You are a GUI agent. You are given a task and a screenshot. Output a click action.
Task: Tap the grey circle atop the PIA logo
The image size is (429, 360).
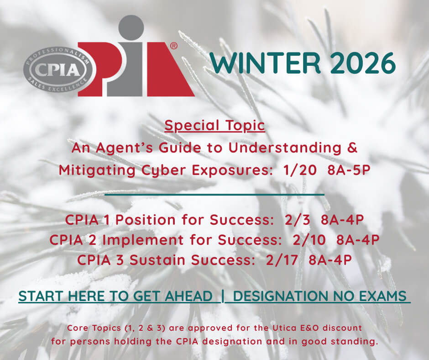coord(131,28)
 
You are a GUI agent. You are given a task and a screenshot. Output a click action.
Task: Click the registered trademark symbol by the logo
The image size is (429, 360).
coord(174,46)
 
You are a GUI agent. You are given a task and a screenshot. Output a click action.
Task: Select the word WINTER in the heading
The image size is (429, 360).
coord(265,63)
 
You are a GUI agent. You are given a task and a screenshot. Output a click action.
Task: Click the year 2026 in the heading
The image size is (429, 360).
coord(363,63)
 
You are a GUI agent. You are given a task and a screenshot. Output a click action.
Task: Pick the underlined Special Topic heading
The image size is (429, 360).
coord(215,126)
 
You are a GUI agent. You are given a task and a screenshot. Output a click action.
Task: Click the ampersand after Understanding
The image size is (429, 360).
coord(353,148)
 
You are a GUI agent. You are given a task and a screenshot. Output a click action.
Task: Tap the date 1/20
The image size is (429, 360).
coord(299,170)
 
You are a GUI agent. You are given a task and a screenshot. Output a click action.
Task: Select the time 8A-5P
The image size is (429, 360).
coord(349,170)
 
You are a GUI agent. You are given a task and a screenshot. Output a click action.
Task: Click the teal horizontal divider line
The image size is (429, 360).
coord(214,195)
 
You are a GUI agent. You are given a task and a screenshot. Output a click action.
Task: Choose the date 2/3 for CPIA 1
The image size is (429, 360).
coord(298,220)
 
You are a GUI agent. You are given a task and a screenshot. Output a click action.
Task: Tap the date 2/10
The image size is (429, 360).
coord(309,240)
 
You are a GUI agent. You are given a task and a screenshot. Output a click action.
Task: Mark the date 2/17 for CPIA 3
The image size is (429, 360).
coord(282,260)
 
